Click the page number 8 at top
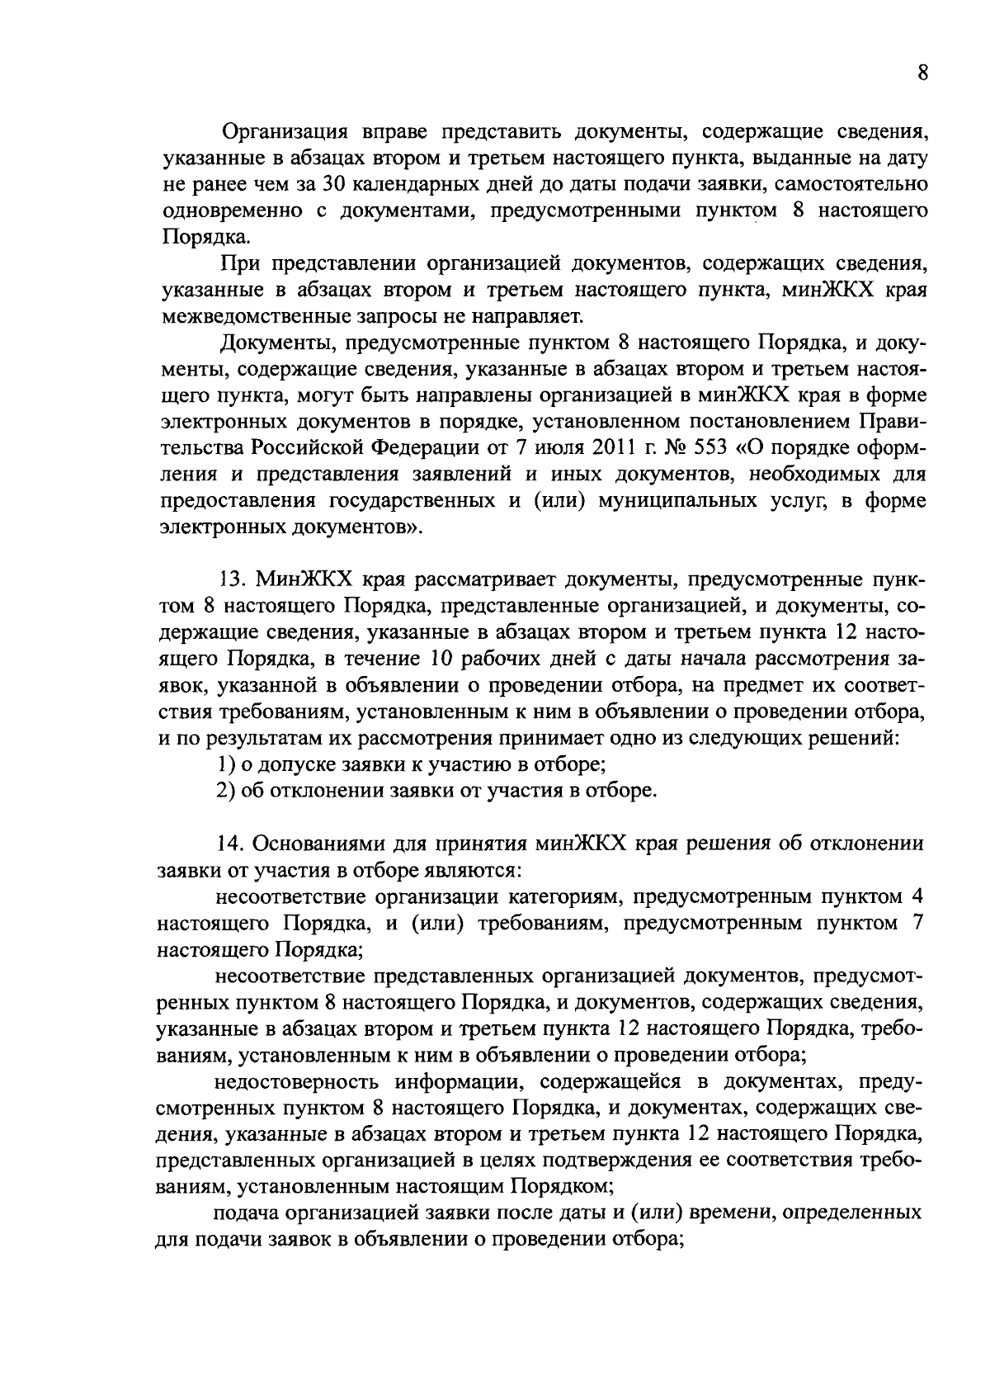(x=923, y=73)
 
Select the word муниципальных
(x=706, y=501)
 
